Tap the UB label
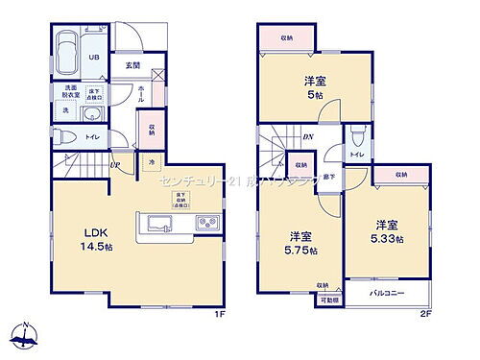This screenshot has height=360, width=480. pyautogui.click(x=94, y=57)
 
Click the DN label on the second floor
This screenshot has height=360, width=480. pyautogui.click(x=309, y=137)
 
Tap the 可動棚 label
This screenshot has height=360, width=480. pyautogui.click(x=328, y=300)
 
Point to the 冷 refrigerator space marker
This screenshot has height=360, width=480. pyautogui.click(x=152, y=164)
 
